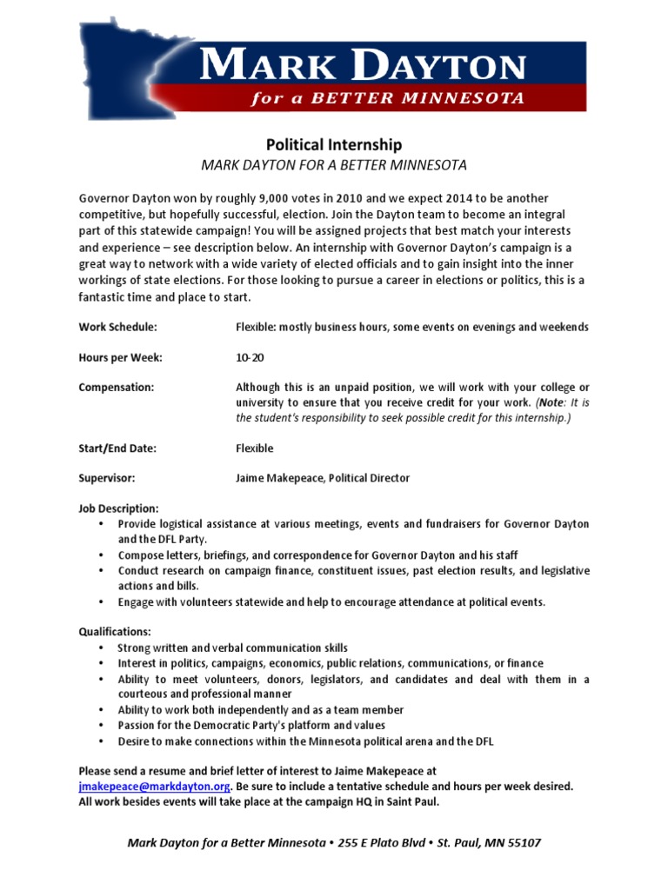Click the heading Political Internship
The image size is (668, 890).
[333, 144]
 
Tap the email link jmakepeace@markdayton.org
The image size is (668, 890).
[154, 786]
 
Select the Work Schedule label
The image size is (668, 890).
[118, 327]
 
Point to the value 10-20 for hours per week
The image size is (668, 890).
[250, 357]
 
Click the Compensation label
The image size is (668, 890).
[117, 387]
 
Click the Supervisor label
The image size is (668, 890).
[107, 478]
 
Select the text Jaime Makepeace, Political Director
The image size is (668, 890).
[323, 478]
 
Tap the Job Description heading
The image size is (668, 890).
[119, 508]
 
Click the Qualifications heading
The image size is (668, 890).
[115, 631]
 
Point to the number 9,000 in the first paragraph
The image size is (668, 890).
[252, 198]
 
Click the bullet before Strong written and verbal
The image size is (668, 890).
[101, 648]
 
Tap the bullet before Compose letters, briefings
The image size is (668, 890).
[101, 555]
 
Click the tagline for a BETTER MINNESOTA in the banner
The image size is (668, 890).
[387, 98]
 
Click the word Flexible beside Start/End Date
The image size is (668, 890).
[254, 448]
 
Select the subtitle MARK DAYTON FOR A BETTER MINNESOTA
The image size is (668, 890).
[334, 165]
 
